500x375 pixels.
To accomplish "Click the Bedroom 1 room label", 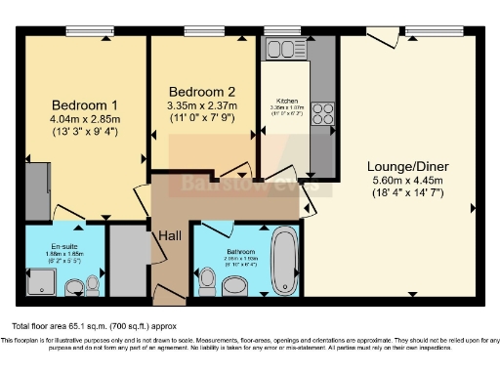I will pyautogui.click(x=84, y=105).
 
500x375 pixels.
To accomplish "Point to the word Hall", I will pyautogui.click(x=168, y=234).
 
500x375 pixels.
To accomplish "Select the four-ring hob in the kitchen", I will pyautogui.click(x=324, y=114).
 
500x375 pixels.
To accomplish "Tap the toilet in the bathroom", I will pyautogui.click(x=206, y=281).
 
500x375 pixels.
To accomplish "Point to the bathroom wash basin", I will pyautogui.click(x=235, y=284).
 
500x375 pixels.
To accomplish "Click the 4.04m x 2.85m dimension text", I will pyautogui.click(x=84, y=119).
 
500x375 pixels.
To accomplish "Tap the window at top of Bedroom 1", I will pyautogui.click(x=85, y=30).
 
